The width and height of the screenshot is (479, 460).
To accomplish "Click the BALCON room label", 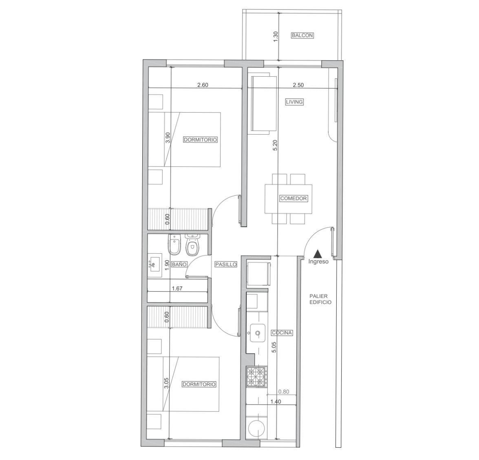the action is coord(302,35).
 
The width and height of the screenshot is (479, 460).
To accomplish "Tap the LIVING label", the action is coord(294,102).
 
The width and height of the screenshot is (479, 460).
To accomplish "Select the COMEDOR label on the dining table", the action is coord(293,198).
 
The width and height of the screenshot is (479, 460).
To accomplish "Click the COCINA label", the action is coord(282,333).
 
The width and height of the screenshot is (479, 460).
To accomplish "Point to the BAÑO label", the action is coord(179,264).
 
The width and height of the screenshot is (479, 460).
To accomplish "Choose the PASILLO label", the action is coord(226,264).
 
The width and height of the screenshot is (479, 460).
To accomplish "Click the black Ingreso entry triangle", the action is coord(318,253).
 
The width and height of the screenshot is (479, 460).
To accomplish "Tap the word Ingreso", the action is coord(318,262).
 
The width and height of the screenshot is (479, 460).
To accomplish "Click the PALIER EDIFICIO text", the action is coord(320,299).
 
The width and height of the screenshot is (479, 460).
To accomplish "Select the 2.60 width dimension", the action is coord(203,85).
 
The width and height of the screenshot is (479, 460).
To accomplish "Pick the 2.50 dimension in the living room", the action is coord(298,85).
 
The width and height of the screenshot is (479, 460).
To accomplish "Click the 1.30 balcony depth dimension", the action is coord(276,37).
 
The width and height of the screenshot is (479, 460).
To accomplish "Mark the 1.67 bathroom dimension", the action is coord(177,288).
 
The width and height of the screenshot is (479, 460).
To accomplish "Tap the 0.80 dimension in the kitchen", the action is coord(283,392).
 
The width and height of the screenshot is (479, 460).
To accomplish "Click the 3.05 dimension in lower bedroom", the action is coord(166,383).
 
